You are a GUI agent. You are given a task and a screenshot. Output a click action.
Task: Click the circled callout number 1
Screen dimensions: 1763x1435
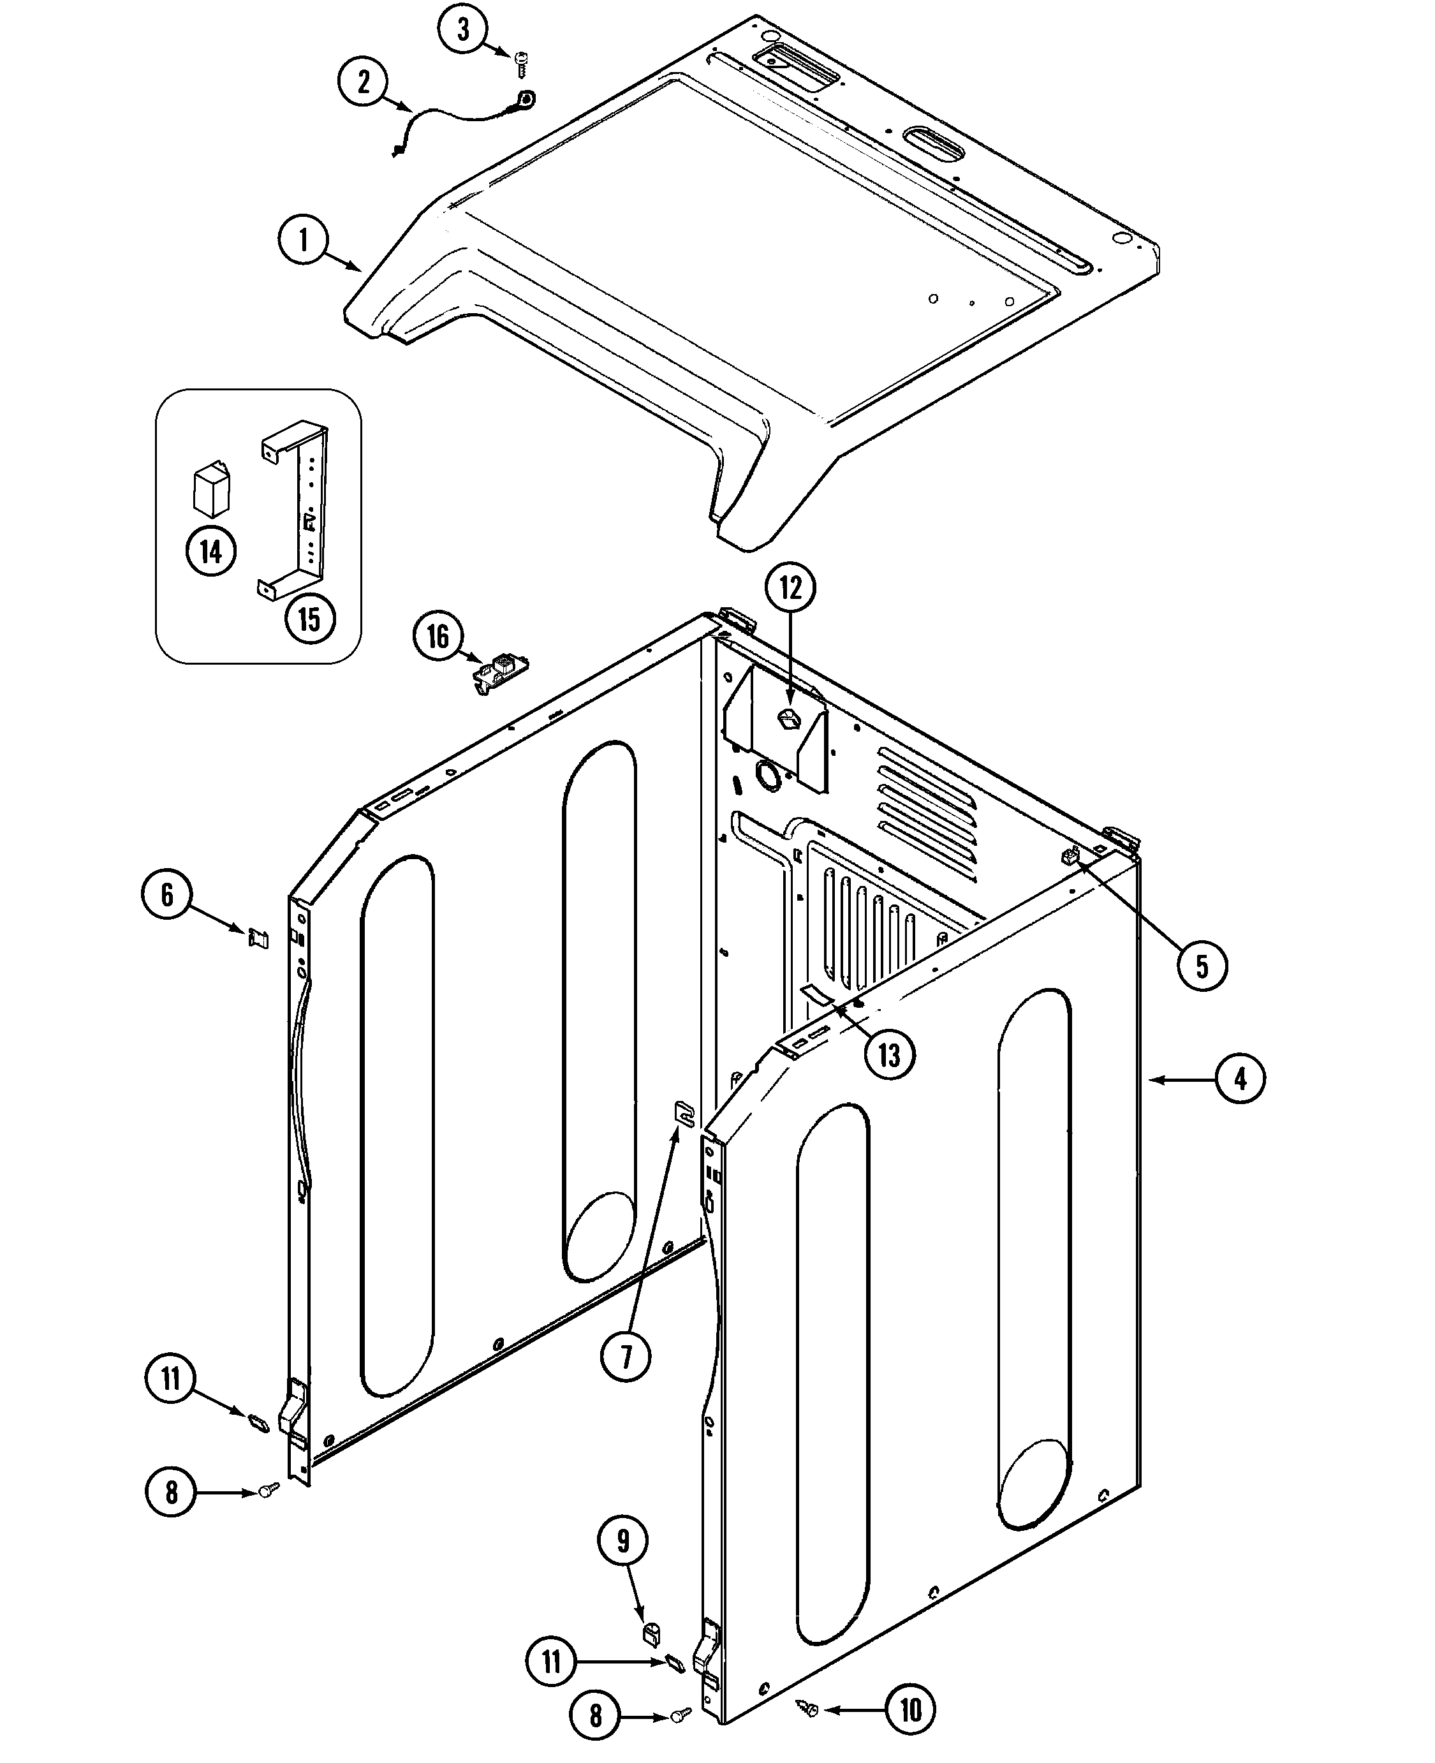(304, 240)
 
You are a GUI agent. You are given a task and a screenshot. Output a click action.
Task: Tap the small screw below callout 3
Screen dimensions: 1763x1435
(522, 64)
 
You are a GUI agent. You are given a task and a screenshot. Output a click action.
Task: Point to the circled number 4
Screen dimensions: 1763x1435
(1240, 1079)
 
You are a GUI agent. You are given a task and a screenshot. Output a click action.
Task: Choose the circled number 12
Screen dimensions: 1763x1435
(790, 587)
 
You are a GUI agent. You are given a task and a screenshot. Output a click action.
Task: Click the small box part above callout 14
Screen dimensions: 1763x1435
(212, 489)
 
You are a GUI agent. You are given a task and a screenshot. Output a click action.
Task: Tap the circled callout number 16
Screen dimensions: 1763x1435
(438, 637)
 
